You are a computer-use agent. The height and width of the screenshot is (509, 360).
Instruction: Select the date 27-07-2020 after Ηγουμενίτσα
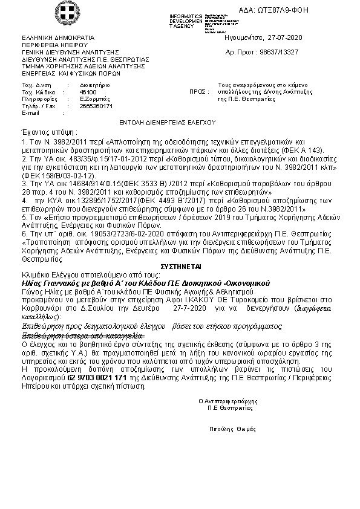coord(284,37)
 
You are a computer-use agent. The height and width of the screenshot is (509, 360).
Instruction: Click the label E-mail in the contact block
coord(30,112)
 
